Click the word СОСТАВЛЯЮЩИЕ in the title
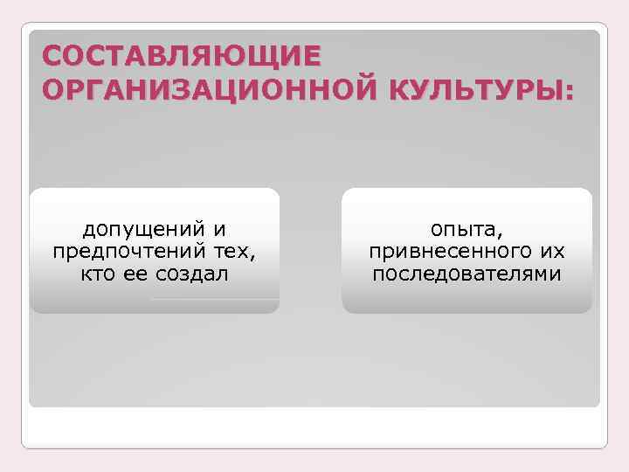pos(181,57)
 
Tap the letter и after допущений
pos(219,231)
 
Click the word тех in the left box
pos(237,253)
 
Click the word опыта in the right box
pos(462,231)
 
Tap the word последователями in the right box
pos(467,274)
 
